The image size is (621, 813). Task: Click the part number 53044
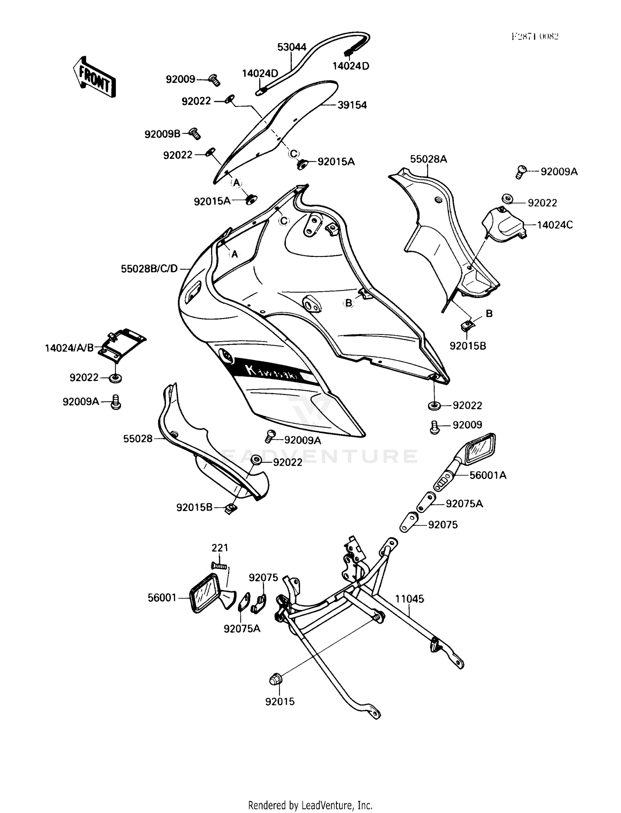(x=291, y=47)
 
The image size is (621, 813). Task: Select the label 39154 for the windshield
(x=352, y=105)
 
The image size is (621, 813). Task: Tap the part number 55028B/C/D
(x=149, y=269)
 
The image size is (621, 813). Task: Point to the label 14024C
(x=555, y=225)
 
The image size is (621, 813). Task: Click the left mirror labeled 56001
(x=206, y=593)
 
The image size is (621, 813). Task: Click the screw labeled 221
(x=219, y=565)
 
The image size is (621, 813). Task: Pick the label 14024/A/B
(x=69, y=348)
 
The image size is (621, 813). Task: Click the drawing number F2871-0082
(x=534, y=36)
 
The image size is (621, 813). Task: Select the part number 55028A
(x=428, y=159)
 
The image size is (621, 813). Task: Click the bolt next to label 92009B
(x=195, y=133)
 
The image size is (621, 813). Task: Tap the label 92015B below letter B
(x=468, y=346)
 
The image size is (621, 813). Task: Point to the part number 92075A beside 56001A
(x=464, y=504)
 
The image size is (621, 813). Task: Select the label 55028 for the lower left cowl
(x=138, y=438)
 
